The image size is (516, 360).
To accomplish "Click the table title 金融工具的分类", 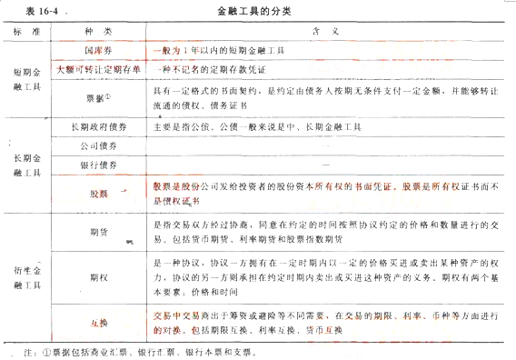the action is click(x=256, y=11).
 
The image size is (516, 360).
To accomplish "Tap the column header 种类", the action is click(x=98, y=30).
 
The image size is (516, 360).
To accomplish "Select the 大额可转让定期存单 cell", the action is click(x=98, y=71).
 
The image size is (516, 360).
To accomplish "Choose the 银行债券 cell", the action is click(x=98, y=166).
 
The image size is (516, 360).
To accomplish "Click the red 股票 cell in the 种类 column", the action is click(x=98, y=192).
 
